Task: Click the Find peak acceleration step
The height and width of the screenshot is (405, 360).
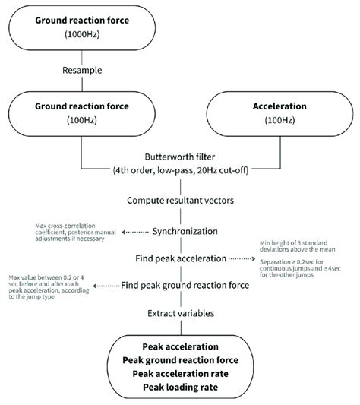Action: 179,258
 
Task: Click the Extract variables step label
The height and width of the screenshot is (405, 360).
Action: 179,314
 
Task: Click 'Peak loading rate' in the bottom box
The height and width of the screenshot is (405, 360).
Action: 179,388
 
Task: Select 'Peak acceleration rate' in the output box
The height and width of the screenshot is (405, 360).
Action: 179,374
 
